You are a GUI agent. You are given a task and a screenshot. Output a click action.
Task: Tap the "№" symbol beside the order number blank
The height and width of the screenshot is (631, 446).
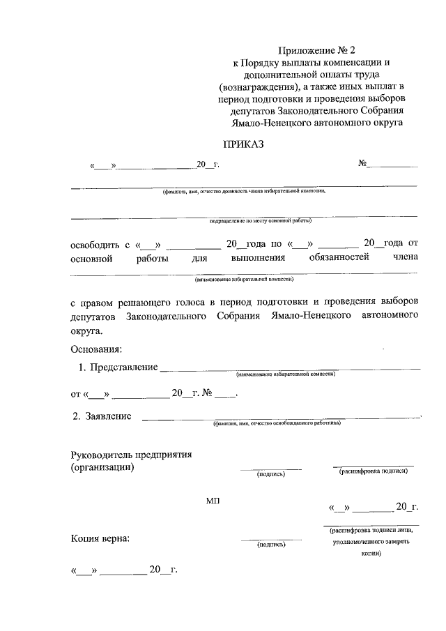point(362,165)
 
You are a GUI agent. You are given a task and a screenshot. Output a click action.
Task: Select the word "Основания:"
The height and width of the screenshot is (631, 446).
point(97,348)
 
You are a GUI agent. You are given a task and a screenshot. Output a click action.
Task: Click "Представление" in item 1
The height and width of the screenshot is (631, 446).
point(123,367)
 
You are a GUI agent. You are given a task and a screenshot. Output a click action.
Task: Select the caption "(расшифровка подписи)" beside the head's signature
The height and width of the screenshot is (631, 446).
point(373,471)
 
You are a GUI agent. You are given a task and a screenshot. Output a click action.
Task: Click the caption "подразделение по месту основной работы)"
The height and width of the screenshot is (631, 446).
point(260,221)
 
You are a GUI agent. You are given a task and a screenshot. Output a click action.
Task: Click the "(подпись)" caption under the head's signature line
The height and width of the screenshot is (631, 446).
point(272,474)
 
